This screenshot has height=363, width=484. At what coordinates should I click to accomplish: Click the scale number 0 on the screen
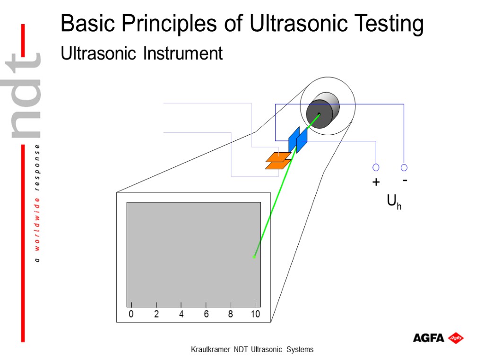(x=131, y=314)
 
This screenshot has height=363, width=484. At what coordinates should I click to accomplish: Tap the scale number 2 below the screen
(x=156, y=314)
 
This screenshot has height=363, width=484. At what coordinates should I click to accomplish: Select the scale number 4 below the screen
(x=181, y=314)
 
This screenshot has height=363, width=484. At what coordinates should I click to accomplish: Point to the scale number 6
(x=206, y=314)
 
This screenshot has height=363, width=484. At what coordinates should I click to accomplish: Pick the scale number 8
(x=231, y=314)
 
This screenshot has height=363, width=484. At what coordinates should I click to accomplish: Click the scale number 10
(x=255, y=314)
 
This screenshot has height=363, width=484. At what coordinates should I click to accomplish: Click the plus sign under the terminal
(x=376, y=182)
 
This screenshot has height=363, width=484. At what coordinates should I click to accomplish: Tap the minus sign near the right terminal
(x=405, y=180)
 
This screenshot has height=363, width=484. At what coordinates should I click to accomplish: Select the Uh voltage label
(x=394, y=202)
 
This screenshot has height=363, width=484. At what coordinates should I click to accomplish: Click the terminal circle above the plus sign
(x=376, y=167)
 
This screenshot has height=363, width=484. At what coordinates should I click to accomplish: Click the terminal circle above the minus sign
(x=404, y=167)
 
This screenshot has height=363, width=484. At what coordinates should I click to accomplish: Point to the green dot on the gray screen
(x=254, y=256)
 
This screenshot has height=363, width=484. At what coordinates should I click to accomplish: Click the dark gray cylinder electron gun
(x=321, y=111)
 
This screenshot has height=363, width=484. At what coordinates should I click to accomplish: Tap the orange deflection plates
(x=278, y=161)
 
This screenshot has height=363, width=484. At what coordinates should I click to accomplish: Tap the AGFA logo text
(x=428, y=338)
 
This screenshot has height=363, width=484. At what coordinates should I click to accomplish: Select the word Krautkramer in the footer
(x=211, y=350)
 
